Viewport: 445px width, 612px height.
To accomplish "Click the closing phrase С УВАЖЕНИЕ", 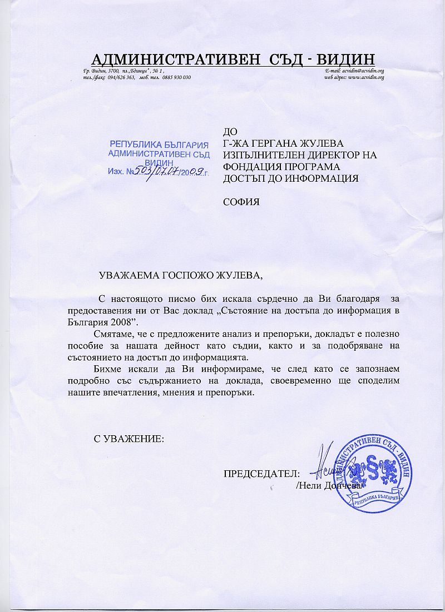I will [x=128, y=439].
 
